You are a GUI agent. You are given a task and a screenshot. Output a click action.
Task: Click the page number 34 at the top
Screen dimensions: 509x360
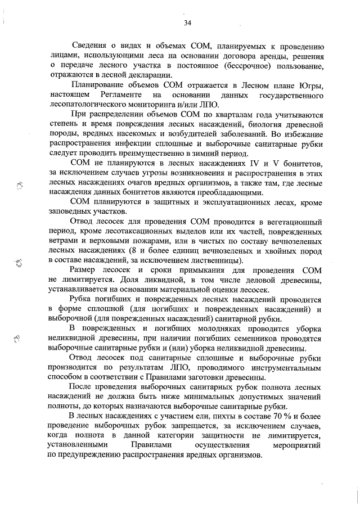click(x=187, y=22)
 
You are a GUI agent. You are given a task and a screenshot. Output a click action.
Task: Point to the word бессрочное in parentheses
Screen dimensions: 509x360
click(x=229, y=66)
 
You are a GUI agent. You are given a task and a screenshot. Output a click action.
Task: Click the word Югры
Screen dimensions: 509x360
click(x=310, y=85)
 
